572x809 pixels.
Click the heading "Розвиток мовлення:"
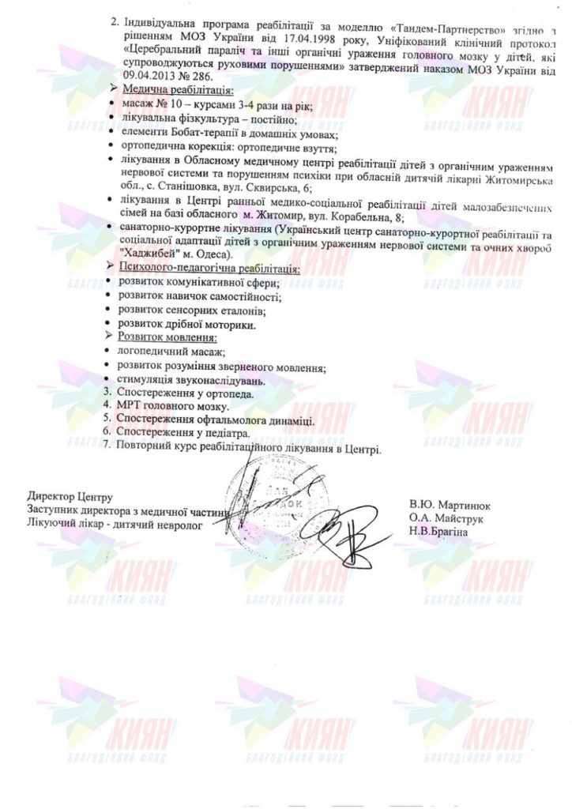tap(160, 337)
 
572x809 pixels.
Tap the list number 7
tap(107, 446)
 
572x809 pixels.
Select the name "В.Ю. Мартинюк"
tap(450, 503)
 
